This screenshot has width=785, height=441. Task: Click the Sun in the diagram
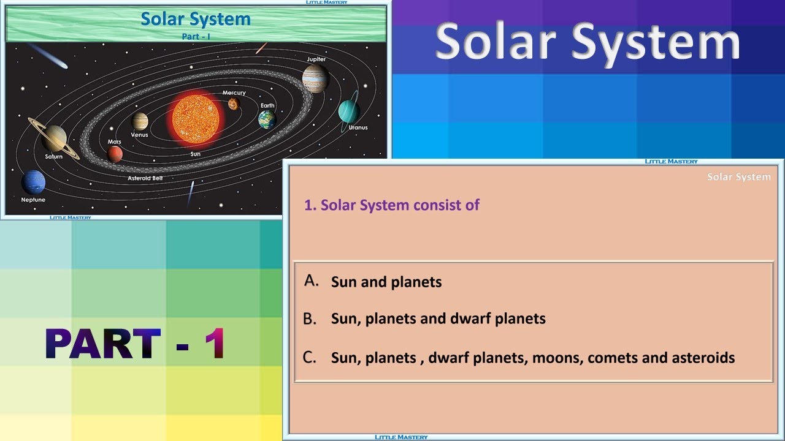pyautogui.click(x=196, y=119)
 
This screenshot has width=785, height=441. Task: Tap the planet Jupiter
pyautogui.click(x=315, y=79)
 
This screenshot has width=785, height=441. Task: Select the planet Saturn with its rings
pyautogui.click(x=54, y=138)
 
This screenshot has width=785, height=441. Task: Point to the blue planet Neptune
pyautogui.click(x=33, y=183)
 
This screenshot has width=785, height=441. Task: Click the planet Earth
pyautogui.click(x=267, y=119)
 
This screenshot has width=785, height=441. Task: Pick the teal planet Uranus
pyautogui.click(x=348, y=111)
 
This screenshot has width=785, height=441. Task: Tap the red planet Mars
pyautogui.click(x=115, y=154)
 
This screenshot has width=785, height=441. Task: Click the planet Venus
pyautogui.click(x=140, y=121)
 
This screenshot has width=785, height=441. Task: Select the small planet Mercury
pyautogui.click(x=233, y=104)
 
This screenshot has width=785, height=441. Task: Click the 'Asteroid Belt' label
pyautogui.click(x=145, y=178)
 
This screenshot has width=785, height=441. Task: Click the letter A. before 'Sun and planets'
pyautogui.click(x=312, y=281)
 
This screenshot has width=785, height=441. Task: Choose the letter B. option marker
pyautogui.click(x=310, y=318)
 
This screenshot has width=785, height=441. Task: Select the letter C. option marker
pyautogui.click(x=310, y=357)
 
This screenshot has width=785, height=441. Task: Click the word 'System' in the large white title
pyautogui.click(x=656, y=43)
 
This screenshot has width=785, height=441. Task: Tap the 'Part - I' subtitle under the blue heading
pyautogui.click(x=196, y=37)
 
